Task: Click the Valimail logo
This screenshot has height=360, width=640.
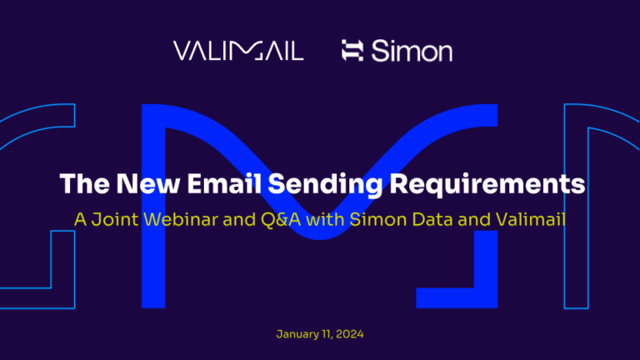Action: (x=238, y=51)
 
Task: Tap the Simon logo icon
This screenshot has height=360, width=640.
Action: (x=352, y=52)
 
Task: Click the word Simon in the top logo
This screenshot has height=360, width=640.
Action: (x=412, y=52)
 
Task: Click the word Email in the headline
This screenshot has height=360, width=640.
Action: (x=219, y=184)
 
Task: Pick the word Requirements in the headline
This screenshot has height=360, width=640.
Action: (x=495, y=184)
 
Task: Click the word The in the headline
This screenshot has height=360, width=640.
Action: (x=82, y=184)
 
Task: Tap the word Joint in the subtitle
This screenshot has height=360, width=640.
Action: (x=115, y=221)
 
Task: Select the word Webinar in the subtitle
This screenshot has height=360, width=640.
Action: (x=172, y=221)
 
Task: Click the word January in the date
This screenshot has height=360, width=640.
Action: (x=297, y=334)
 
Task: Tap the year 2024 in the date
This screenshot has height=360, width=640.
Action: (x=350, y=334)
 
